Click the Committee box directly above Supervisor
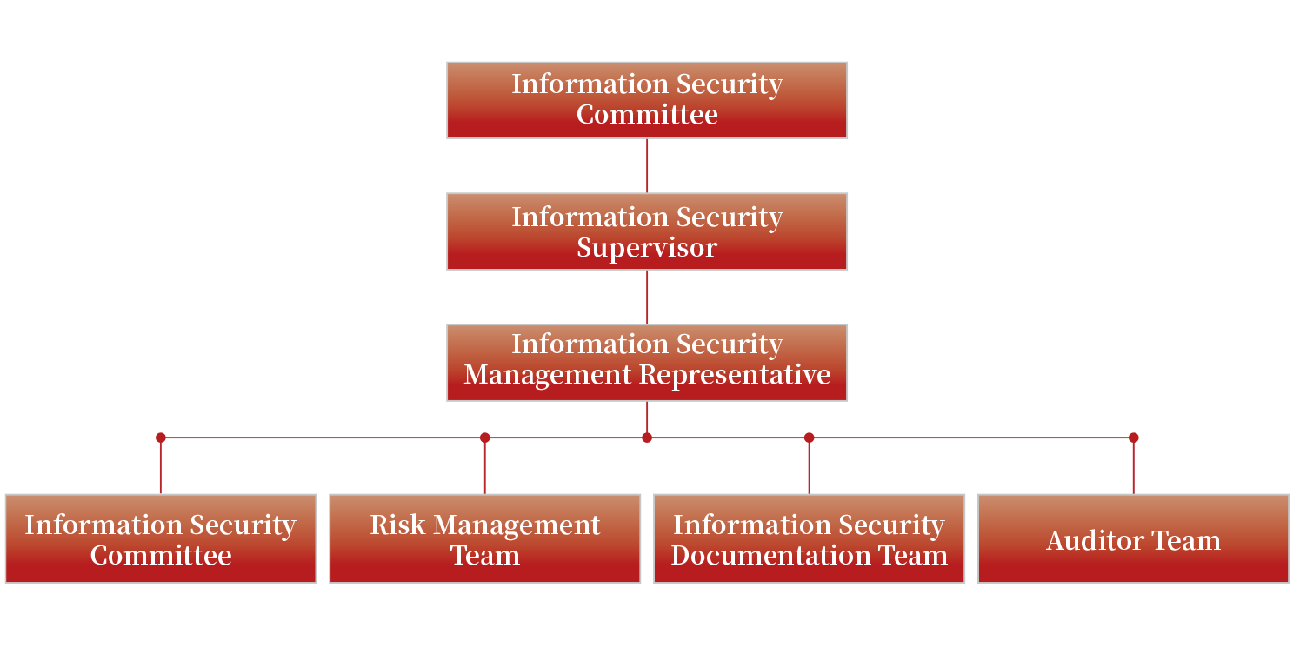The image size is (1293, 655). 647,100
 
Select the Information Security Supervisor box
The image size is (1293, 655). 647,231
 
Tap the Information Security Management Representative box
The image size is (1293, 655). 647,363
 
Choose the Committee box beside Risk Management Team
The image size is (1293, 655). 161,539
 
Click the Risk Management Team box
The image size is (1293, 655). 485,539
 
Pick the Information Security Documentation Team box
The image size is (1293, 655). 810,539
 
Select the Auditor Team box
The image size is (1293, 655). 1133,539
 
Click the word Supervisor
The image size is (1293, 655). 647,248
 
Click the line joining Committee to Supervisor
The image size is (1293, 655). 647,165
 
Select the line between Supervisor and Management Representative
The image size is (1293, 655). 647,297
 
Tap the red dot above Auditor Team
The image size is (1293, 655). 1133,438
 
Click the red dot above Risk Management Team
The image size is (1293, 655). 485,438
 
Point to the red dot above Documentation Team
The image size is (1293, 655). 810,438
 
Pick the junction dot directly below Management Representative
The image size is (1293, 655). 647,438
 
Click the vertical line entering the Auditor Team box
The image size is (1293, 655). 1133,468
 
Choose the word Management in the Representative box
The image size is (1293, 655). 548,375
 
